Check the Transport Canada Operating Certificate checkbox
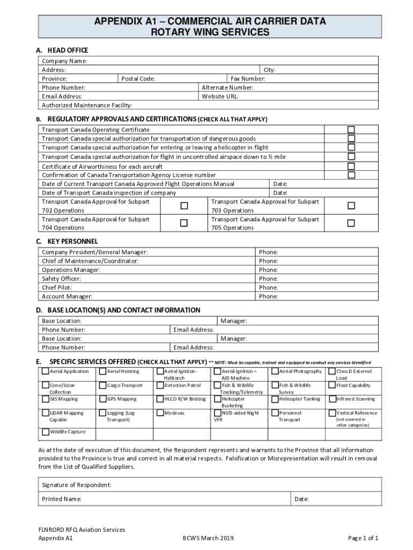[x=351, y=130]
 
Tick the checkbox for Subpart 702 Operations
[x=184, y=206]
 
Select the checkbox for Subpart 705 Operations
[x=351, y=223]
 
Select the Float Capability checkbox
[x=332, y=385]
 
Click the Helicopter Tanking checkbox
[x=275, y=399]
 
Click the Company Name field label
[x=65, y=61]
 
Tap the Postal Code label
[x=138, y=78]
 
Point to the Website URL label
[x=220, y=96]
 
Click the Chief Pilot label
[x=57, y=287]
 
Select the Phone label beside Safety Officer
[x=268, y=279]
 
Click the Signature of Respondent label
[x=77, y=485]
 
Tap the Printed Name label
[x=62, y=499]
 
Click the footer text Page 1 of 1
[x=363, y=538]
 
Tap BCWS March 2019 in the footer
[x=208, y=538]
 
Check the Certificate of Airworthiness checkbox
[x=351, y=166]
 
